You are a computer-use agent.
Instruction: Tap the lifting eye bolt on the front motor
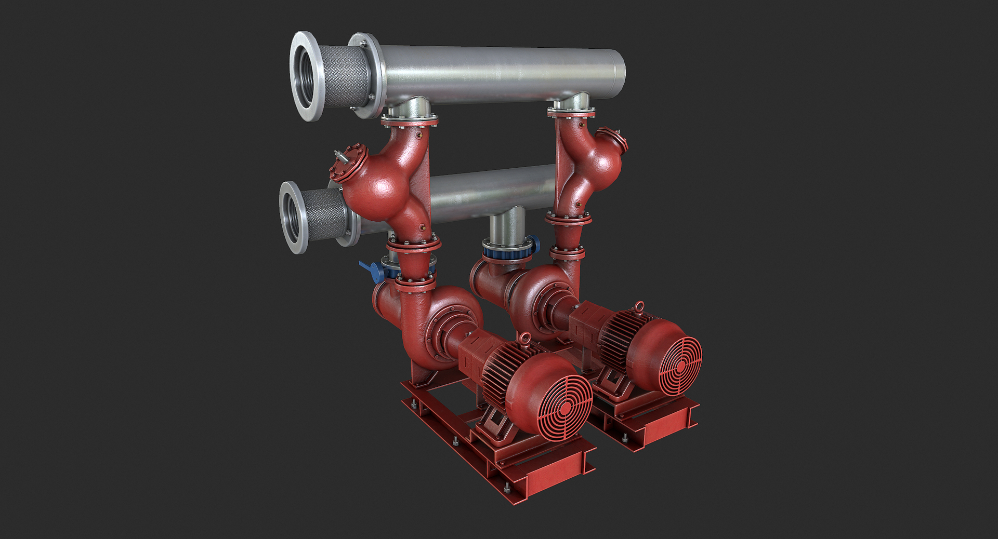pyautogui.click(x=525, y=338)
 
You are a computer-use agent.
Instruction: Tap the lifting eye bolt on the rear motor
pyautogui.click(x=638, y=306)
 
